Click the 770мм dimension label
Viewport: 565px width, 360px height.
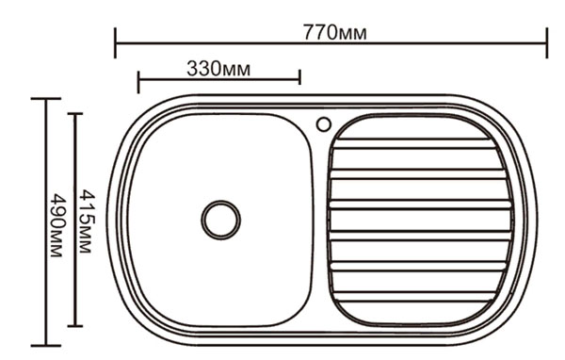point(334,32)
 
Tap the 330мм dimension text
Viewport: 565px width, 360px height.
point(218,68)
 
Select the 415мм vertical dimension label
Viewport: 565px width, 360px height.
point(87,221)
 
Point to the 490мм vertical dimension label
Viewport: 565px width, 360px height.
point(57,225)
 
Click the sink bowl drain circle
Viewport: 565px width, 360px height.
point(221,220)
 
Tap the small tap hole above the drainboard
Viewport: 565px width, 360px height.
point(324,124)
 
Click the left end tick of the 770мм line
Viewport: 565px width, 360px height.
point(115,42)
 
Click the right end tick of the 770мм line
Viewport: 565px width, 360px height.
point(546,42)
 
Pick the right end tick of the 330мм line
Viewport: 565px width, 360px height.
point(299,77)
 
